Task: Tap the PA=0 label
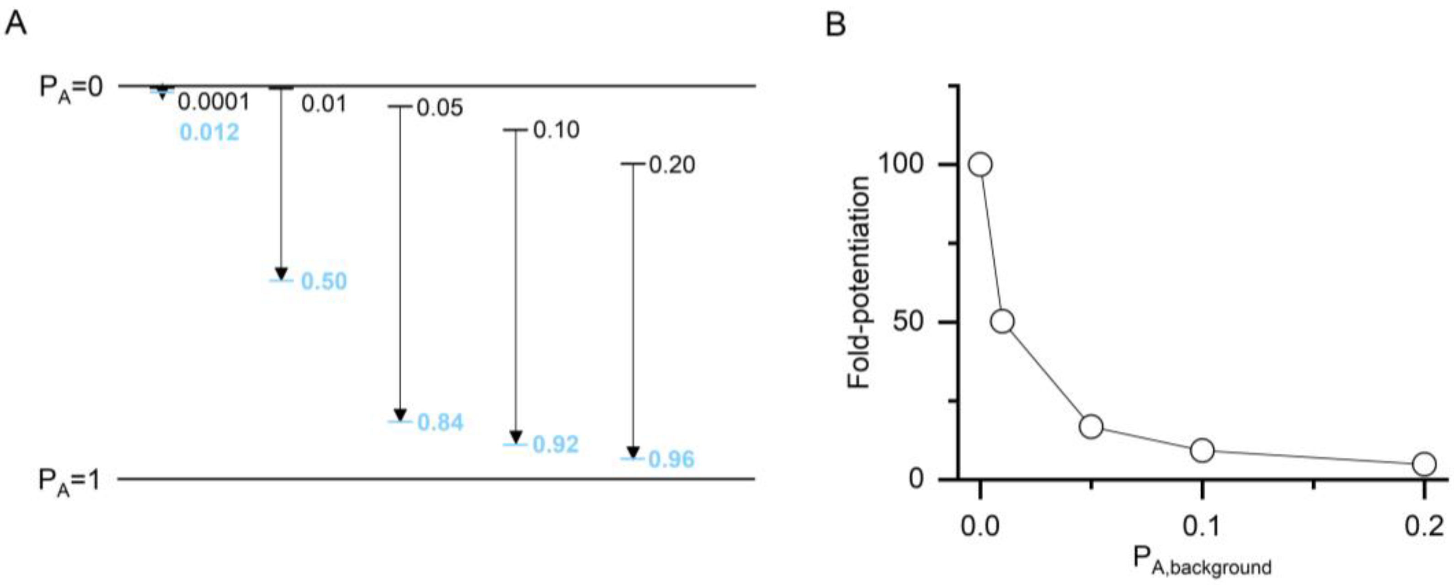click(70, 88)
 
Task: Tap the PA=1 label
click(69, 481)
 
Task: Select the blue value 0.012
click(209, 133)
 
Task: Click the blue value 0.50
click(324, 281)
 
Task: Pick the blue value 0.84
click(440, 422)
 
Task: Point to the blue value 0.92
click(555, 445)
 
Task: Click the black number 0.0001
click(213, 102)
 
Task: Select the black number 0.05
click(440, 107)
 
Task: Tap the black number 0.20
click(671, 166)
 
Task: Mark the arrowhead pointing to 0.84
click(400, 414)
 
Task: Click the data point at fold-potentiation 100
click(980, 165)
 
